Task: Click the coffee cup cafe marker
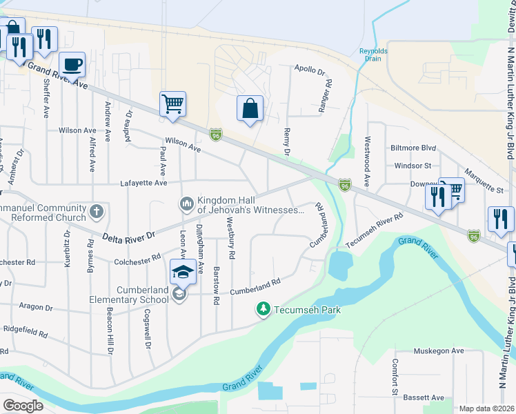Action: pyautogui.click(x=72, y=65)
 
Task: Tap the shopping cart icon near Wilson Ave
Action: pyautogui.click(x=172, y=105)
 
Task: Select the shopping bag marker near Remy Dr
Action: pyautogui.click(x=250, y=108)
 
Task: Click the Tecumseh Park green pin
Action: pyautogui.click(x=263, y=310)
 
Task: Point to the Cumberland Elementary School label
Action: pyautogui.click(x=129, y=295)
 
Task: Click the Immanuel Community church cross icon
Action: pyautogui.click(x=97, y=211)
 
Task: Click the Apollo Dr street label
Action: pyautogui.click(x=309, y=70)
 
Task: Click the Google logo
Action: pyautogui.click(x=23, y=406)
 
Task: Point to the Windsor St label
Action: pyautogui.click(x=413, y=166)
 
